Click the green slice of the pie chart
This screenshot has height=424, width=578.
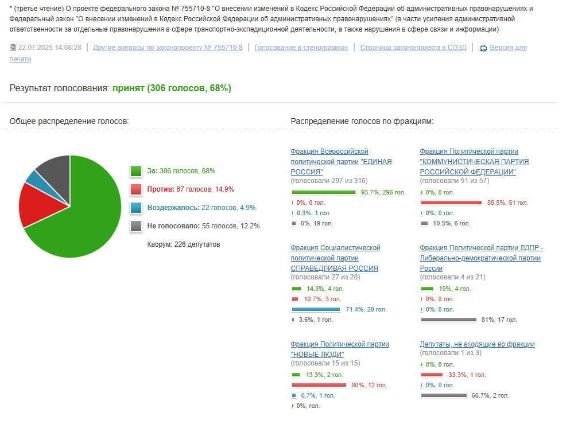[x=80, y=218]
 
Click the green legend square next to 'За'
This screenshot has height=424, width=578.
[x=136, y=171]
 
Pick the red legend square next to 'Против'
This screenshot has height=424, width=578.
[x=136, y=189]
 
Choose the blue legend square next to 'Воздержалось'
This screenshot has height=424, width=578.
[x=136, y=208]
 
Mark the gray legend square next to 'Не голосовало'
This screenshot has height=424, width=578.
[x=136, y=226]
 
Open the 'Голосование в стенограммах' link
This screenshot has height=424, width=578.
[x=301, y=48]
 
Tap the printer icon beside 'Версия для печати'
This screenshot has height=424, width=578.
[x=483, y=48]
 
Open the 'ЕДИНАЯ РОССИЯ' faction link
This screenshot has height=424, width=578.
[x=341, y=162]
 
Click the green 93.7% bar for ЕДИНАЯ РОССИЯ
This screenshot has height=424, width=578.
[x=324, y=192]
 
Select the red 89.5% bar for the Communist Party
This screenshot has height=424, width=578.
[x=451, y=203]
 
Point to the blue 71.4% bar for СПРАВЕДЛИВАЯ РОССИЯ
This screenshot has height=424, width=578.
[x=317, y=309]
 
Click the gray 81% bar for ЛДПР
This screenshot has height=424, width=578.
[x=449, y=320]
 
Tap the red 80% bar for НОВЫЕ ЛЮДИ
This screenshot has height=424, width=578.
[x=319, y=385]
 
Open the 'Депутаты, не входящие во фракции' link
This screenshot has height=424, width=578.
[x=477, y=344]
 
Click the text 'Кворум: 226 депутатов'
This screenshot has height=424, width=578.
[x=184, y=244]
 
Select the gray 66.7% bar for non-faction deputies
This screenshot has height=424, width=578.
[x=444, y=395]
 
